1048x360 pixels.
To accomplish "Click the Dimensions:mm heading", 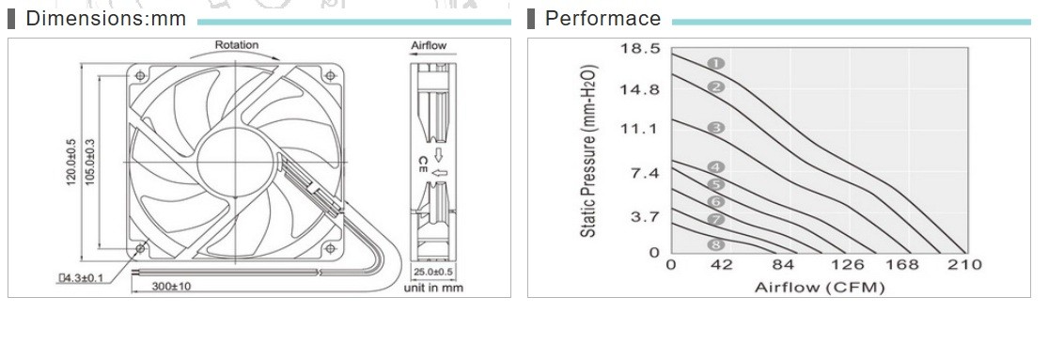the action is pyautogui.click(x=105, y=18).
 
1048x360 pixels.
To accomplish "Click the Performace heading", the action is pyautogui.click(x=602, y=18).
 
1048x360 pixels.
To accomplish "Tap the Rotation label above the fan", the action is pyautogui.click(x=236, y=45).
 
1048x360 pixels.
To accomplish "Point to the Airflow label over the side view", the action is pyautogui.click(x=429, y=45).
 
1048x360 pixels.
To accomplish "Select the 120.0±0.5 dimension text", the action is pyautogui.click(x=71, y=163).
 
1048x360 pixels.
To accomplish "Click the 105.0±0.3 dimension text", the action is pyautogui.click(x=89, y=163).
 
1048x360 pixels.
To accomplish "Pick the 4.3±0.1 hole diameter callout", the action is pyautogui.click(x=81, y=277).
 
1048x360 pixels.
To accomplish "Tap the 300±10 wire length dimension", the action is pyautogui.click(x=171, y=287).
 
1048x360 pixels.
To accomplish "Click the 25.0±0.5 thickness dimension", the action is pyautogui.click(x=432, y=273).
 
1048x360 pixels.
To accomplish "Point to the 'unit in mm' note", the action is pyautogui.click(x=433, y=288).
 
